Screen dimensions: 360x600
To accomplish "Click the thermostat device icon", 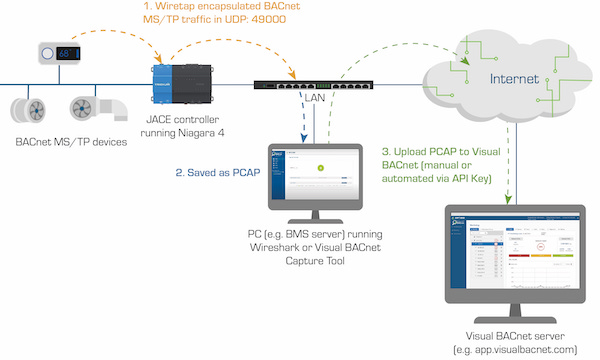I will pyautogui.click(x=60, y=51).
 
